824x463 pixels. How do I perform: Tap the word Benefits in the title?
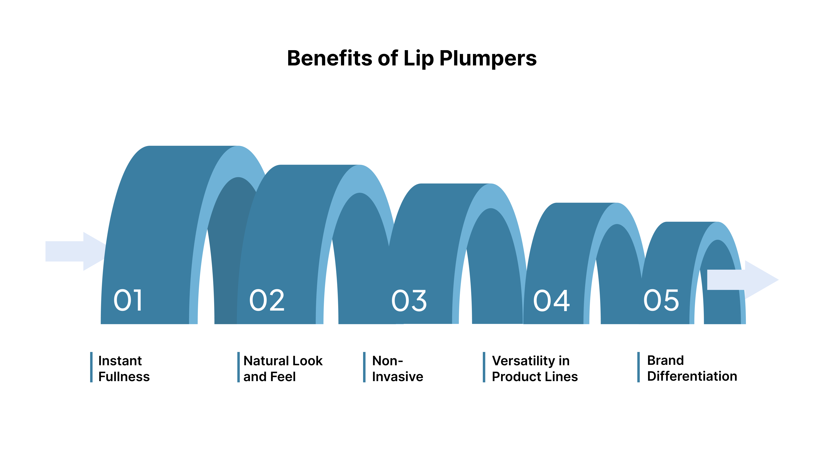329,59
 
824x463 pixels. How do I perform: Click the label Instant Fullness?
124,368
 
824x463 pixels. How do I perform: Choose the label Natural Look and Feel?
283,368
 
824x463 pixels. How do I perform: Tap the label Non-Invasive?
397,368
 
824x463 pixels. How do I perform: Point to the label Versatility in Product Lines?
535,368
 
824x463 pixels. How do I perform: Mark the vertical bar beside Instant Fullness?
91,367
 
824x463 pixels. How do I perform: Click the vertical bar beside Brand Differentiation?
638,367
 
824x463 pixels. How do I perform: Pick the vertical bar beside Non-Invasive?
364,367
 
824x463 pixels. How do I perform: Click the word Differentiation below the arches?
692,376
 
